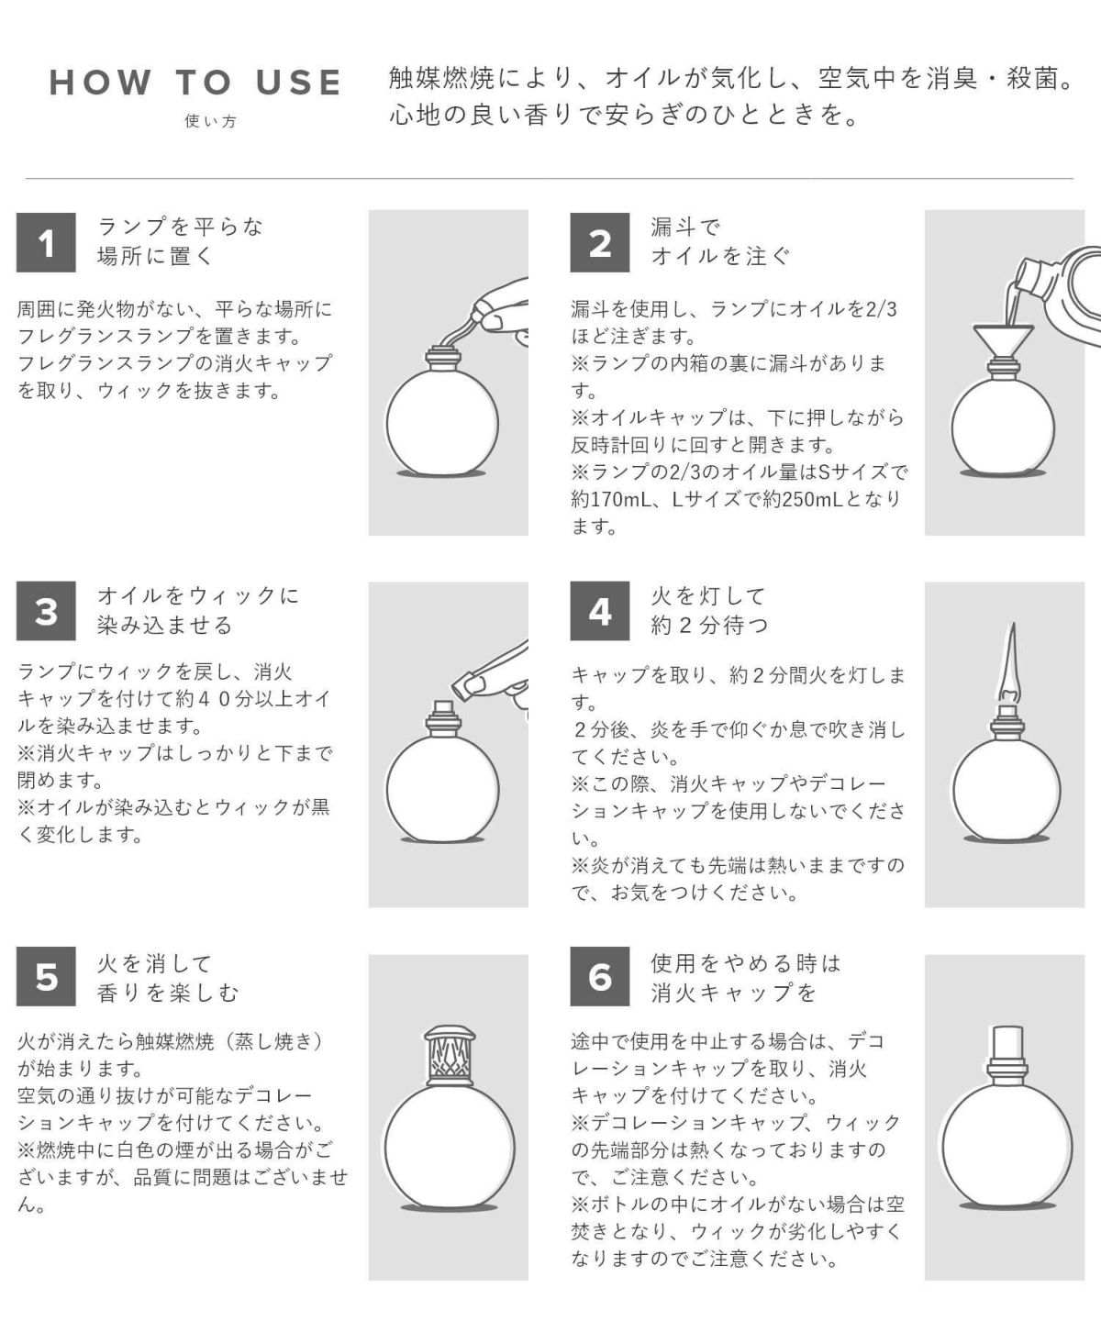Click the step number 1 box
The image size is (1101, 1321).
pos(46,242)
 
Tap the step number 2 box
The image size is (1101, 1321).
pos(600,242)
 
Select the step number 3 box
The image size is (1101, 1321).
pos(46,611)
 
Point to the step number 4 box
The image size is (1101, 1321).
pos(600,611)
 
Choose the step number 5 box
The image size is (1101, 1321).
pos(46,976)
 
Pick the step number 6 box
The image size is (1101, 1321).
pos(600,976)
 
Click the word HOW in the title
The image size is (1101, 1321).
pos(101,83)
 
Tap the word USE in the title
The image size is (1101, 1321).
pos(299,83)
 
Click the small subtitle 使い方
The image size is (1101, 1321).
pos(211,121)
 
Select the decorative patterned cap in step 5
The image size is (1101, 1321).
pos(450,1055)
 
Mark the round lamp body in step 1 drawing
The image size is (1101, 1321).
pos(442,423)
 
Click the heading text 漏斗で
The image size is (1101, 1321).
pos(685,228)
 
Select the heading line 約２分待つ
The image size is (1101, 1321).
pos(709,625)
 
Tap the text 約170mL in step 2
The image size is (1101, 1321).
pos(611,499)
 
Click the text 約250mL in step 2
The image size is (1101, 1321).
pos(803,499)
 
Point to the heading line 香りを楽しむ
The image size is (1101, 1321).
pos(168,992)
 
